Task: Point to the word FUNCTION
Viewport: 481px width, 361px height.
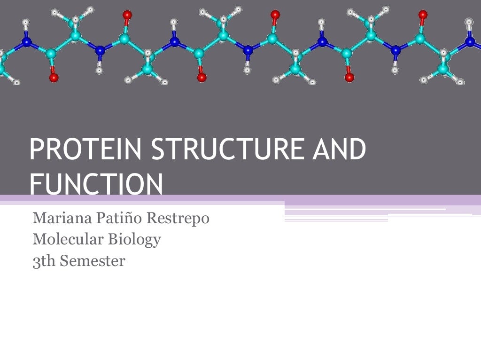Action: [x=96, y=185]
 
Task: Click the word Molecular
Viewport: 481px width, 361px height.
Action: [x=68, y=240]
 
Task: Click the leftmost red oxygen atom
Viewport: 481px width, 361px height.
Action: [x=54, y=77]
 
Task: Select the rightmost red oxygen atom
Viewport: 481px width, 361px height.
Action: [x=423, y=15]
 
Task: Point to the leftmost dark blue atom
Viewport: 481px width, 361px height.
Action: [x=26, y=42]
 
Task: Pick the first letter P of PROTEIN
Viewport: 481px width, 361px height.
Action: [x=35, y=149]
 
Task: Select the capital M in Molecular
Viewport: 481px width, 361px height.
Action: [x=39, y=240]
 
